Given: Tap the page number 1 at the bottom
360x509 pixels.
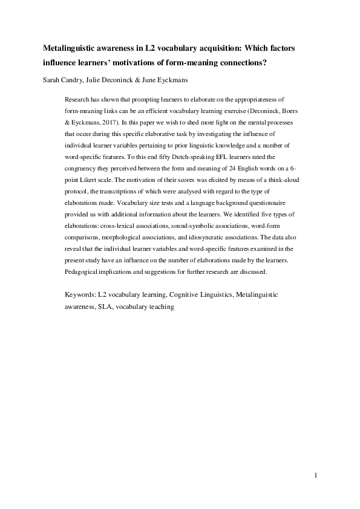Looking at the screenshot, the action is (316, 476).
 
